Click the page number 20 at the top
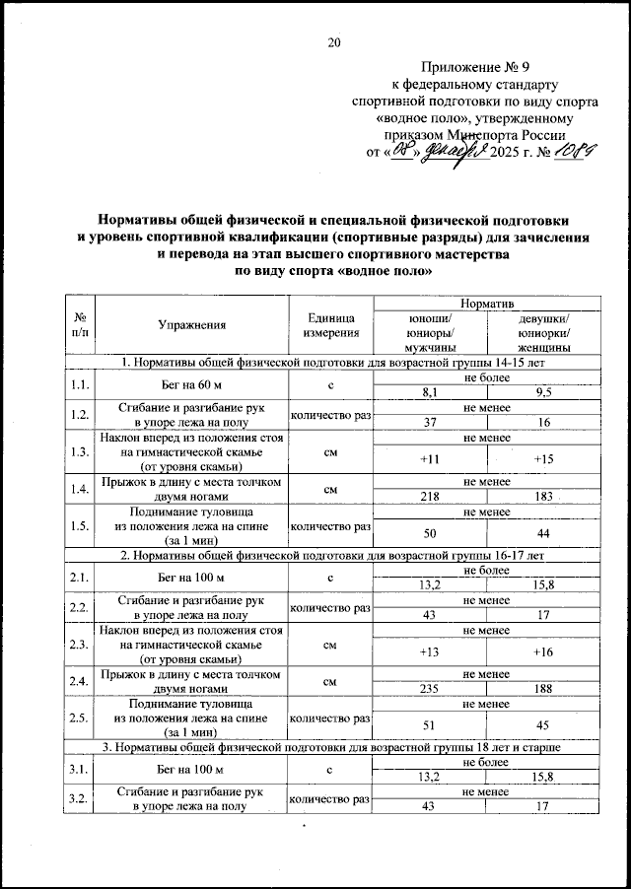(333, 42)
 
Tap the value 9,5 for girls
(542, 391)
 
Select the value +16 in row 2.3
(542, 650)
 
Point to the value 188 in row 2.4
(542, 691)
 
